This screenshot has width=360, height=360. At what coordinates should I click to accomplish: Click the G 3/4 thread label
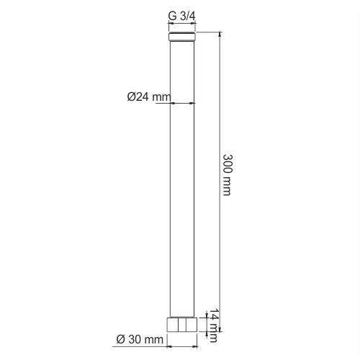[181, 16]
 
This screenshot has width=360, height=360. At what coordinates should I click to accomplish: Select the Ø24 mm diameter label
[149, 96]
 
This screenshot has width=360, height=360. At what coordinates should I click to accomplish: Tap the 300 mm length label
[228, 175]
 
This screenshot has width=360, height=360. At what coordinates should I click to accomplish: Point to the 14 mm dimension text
[213, 325]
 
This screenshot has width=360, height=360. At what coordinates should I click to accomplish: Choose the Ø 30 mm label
[140, 339]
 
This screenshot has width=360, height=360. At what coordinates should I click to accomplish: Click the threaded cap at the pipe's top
[182, 37]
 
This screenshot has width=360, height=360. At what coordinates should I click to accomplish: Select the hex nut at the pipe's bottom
[182, 325]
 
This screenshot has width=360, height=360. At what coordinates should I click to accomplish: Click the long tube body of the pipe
[182, 179]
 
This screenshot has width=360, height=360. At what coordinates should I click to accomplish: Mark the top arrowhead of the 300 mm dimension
[220, 34]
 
